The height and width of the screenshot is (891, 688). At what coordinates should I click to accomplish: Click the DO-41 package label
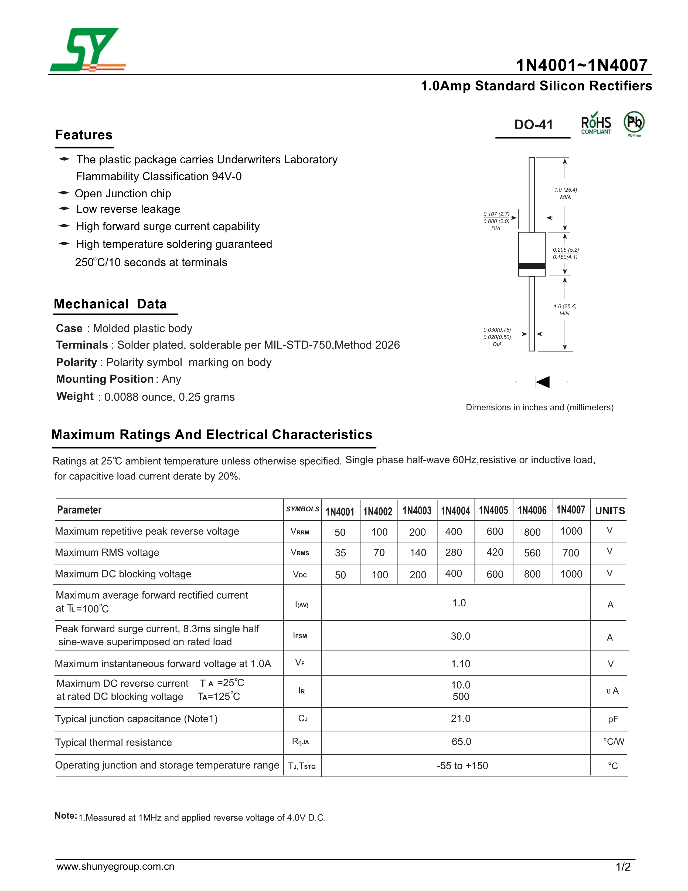pos(533,125)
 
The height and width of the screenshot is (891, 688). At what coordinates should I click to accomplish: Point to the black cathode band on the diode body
pos(532,266)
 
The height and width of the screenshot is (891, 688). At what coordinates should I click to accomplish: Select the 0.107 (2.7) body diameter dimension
pos(496,214)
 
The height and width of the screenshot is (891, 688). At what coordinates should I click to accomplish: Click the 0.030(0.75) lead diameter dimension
pos(497,330)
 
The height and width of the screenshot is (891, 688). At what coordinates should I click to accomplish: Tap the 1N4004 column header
pos(455,511)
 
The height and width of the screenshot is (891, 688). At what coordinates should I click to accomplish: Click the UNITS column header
pos(610,511)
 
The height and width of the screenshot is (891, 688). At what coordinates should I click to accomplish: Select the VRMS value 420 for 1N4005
pos(495,552)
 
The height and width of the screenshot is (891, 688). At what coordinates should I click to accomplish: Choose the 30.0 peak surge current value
pos(460,636)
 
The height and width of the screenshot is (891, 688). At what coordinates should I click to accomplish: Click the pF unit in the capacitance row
pos(613,719)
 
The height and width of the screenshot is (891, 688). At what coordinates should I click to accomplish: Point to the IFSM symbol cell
pos(300,636)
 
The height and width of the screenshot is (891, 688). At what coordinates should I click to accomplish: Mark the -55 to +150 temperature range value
pos(462,766)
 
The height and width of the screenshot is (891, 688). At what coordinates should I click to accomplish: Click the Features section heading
pos(84,135)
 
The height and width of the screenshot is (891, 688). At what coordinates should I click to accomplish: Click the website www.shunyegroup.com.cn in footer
pos(115,866)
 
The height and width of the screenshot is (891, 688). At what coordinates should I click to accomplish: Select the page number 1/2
pos(623,867)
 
